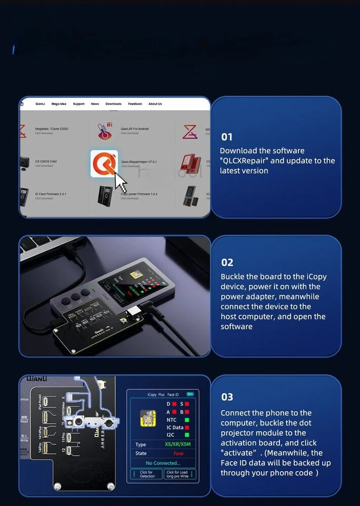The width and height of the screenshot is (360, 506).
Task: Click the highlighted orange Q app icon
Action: point(104,163)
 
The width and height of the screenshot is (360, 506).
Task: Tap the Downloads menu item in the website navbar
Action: point(113,104)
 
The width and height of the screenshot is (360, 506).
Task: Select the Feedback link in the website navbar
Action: point(135,104)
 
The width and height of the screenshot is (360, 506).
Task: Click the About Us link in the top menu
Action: point(155,104)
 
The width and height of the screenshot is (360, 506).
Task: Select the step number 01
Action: point(227,137)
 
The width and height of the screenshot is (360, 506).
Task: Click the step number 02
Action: point(227,262)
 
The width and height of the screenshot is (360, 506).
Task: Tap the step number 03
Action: point(227,397)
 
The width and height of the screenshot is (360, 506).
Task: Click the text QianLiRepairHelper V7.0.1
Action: point(139,162)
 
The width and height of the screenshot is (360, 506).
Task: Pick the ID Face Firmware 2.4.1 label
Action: point(51,194)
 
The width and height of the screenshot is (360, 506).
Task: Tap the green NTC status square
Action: point(187,420)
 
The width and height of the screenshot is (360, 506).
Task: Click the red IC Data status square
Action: point(187,427)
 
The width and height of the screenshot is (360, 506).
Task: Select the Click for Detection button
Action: point(147,474)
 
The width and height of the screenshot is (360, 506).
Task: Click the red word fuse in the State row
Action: point(179,453)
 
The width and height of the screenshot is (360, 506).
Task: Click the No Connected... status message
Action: point(163,463)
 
